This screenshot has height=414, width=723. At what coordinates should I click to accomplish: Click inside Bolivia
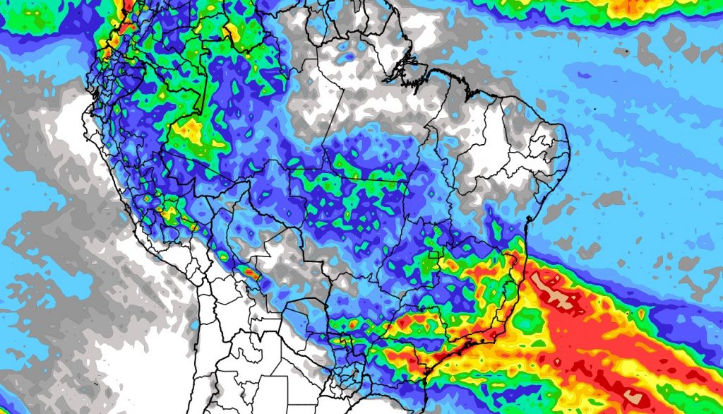(261, 254)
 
